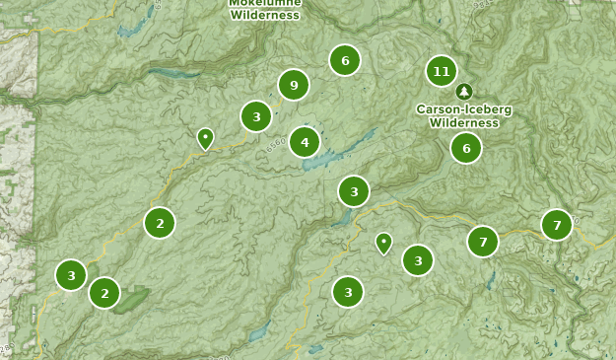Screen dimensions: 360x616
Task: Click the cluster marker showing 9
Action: (x=294, y=86)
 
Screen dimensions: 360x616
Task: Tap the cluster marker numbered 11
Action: (x=442, y=71)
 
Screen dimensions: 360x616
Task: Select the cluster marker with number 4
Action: (x=305, y=142)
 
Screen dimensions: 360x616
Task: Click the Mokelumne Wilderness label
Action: (x=265, y=10)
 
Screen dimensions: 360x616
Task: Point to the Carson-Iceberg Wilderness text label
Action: (x=463, y=115)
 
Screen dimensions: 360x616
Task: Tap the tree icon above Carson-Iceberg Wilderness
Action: (x=464, y=91)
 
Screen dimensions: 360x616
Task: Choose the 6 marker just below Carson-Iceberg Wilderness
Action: (x=466, y=148)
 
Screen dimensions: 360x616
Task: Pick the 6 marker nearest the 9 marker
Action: (x=345, y=60)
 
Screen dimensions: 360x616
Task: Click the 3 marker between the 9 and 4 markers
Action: (x=256, y=116)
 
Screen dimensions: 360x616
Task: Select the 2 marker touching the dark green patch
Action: (x=104, y=293)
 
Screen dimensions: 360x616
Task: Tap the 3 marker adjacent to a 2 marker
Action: (x=71, y=275)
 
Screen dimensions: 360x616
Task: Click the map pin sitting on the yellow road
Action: (x=205, y=138)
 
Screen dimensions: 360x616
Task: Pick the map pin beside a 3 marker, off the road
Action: (x=383, y=242)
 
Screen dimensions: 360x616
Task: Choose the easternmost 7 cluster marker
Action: (x=557, y=225)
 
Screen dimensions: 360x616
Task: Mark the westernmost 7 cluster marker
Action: (x=483, y=241)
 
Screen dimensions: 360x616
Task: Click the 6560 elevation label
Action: (x=275, y=145)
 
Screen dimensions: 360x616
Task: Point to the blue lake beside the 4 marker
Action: (x=330, y=157)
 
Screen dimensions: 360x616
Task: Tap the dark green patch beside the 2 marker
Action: (x=133, y=298)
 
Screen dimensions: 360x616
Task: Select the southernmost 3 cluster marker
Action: (x=348, y=292)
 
